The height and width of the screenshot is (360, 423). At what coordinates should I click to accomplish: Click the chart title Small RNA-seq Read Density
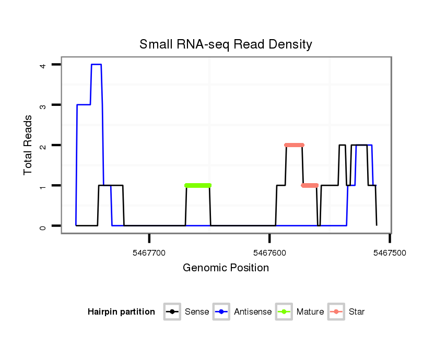[x=226, y=44]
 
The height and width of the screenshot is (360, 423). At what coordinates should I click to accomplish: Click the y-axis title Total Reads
[x=28, y=145]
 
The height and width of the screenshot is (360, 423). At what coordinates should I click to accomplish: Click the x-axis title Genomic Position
[x=226, y=268]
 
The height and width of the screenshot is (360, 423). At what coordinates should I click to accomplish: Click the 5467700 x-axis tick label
[x=149, y=253]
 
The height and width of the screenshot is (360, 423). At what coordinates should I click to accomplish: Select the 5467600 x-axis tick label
[x=269, y=253]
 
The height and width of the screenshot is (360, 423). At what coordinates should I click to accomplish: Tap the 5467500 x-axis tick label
[x=390, y=253]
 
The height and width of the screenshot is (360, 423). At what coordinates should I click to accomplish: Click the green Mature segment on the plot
[x=198, y=185]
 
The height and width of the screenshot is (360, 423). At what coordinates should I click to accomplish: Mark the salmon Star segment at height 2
[x=294, y=145]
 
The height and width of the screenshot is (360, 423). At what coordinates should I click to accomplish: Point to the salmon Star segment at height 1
[x=310, y=185]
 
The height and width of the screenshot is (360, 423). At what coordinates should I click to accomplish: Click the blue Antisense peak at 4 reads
[x=96, y=65]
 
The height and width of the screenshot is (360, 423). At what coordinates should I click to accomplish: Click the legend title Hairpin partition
[x=121, y=312]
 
